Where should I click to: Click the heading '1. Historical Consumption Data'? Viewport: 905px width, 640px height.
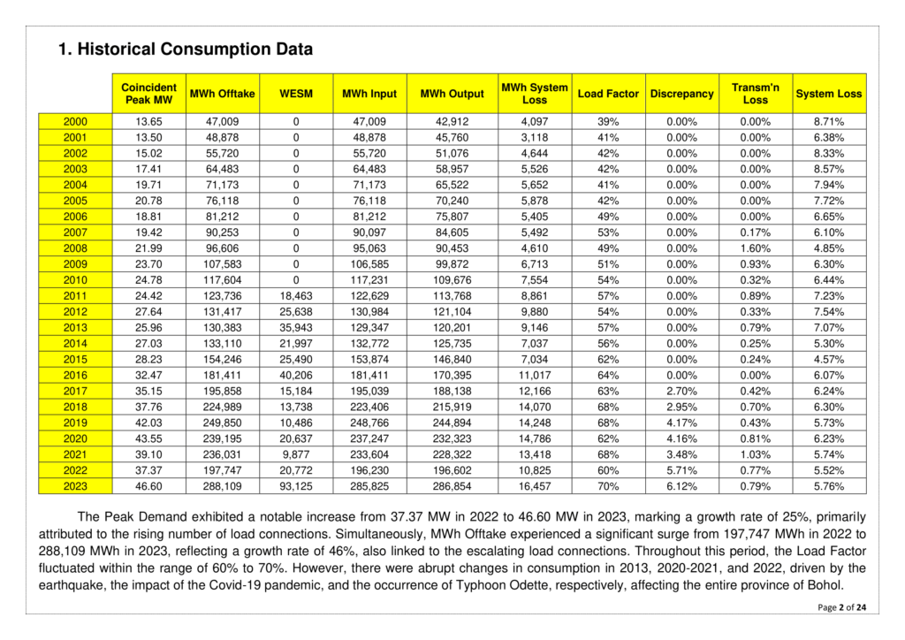[186, 50]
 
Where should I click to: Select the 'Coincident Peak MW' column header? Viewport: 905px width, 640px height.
[149, 93]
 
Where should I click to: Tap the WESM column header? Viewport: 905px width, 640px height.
[295, 94]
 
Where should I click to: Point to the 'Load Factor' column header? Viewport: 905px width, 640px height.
[608, 94]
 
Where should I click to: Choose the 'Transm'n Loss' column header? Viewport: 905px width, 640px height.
[756, 93]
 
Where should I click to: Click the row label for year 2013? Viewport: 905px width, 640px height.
[75, 327]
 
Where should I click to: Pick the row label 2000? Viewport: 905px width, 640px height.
[75, 121]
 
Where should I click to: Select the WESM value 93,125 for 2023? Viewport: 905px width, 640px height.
[295, 485]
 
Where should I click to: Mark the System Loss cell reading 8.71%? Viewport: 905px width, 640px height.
[829, 121]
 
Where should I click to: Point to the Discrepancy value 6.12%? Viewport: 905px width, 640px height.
[681, 485]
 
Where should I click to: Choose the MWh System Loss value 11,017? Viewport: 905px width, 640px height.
[535, 375]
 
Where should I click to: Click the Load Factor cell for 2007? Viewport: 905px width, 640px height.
[608, 232]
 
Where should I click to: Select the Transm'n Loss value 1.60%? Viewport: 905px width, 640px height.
[756, 248]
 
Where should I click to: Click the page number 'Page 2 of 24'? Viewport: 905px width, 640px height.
[842, 607]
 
